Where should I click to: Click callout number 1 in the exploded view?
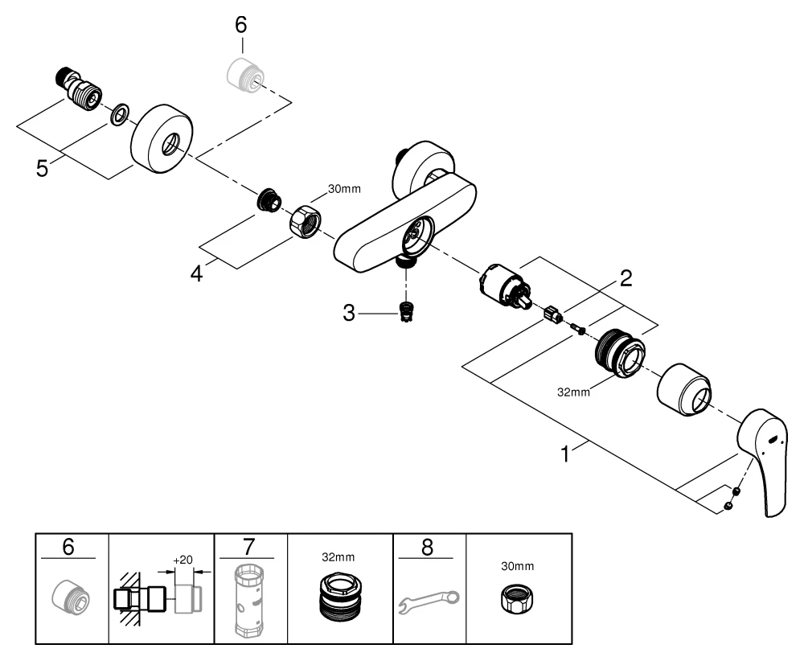click(x=566, y=454)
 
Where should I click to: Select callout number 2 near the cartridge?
click(x=625, y=279)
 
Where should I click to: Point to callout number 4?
click(x=196, y=274)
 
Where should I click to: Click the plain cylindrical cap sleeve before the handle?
click(x=684, y=389)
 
